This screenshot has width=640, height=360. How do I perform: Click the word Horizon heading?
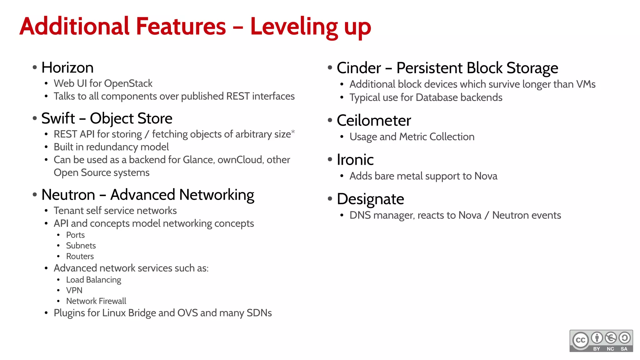click(67, 68)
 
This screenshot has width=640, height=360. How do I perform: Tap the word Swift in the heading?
click(58, 118)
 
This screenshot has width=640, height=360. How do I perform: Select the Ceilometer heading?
click(374, 121)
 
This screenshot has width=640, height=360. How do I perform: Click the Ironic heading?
click(355, 160)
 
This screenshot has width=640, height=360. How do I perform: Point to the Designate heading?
click(370, 199)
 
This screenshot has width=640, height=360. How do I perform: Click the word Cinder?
click(359, 68)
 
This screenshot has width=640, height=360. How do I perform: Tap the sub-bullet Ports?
click(75, 235)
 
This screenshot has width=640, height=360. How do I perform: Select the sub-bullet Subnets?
click(81, 246)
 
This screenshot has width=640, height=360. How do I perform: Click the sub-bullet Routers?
click(80, 256)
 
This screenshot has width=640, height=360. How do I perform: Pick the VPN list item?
click(74, 290)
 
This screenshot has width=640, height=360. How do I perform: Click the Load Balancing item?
click(93, 280)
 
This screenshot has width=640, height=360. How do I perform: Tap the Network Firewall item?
click(96, 301)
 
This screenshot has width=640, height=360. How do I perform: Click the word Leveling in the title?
click(294, 27)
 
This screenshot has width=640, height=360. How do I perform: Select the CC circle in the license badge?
click(580, 340)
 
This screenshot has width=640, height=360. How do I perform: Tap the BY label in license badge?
click(597, 349)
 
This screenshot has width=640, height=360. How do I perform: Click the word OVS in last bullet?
click(187, 313)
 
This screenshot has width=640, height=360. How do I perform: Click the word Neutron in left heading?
click(68, 195)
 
